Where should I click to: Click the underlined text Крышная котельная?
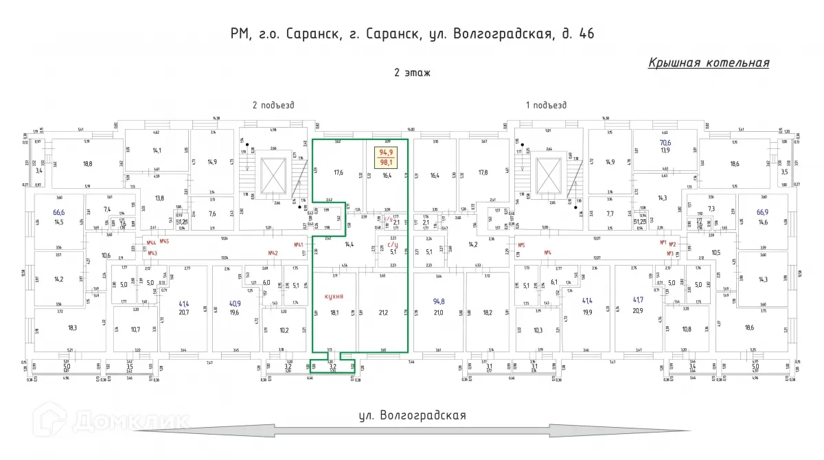click(708, 63)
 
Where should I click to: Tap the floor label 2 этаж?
click(412, 73)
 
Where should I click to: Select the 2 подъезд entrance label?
click(273, 105)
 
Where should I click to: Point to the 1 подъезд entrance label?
click(546, 105)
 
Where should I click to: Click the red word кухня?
click(334, 297)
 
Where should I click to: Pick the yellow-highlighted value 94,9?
click(387, 152)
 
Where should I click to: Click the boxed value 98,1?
click(387, 163)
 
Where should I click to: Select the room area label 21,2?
click(382, 312)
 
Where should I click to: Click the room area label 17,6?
click(338, 173)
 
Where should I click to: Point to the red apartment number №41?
click(299, 244)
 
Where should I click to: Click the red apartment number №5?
click(521, 244)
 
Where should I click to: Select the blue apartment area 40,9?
click(235, 303)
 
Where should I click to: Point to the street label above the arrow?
click(412, 415)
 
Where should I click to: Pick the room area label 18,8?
click(87, 163)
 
